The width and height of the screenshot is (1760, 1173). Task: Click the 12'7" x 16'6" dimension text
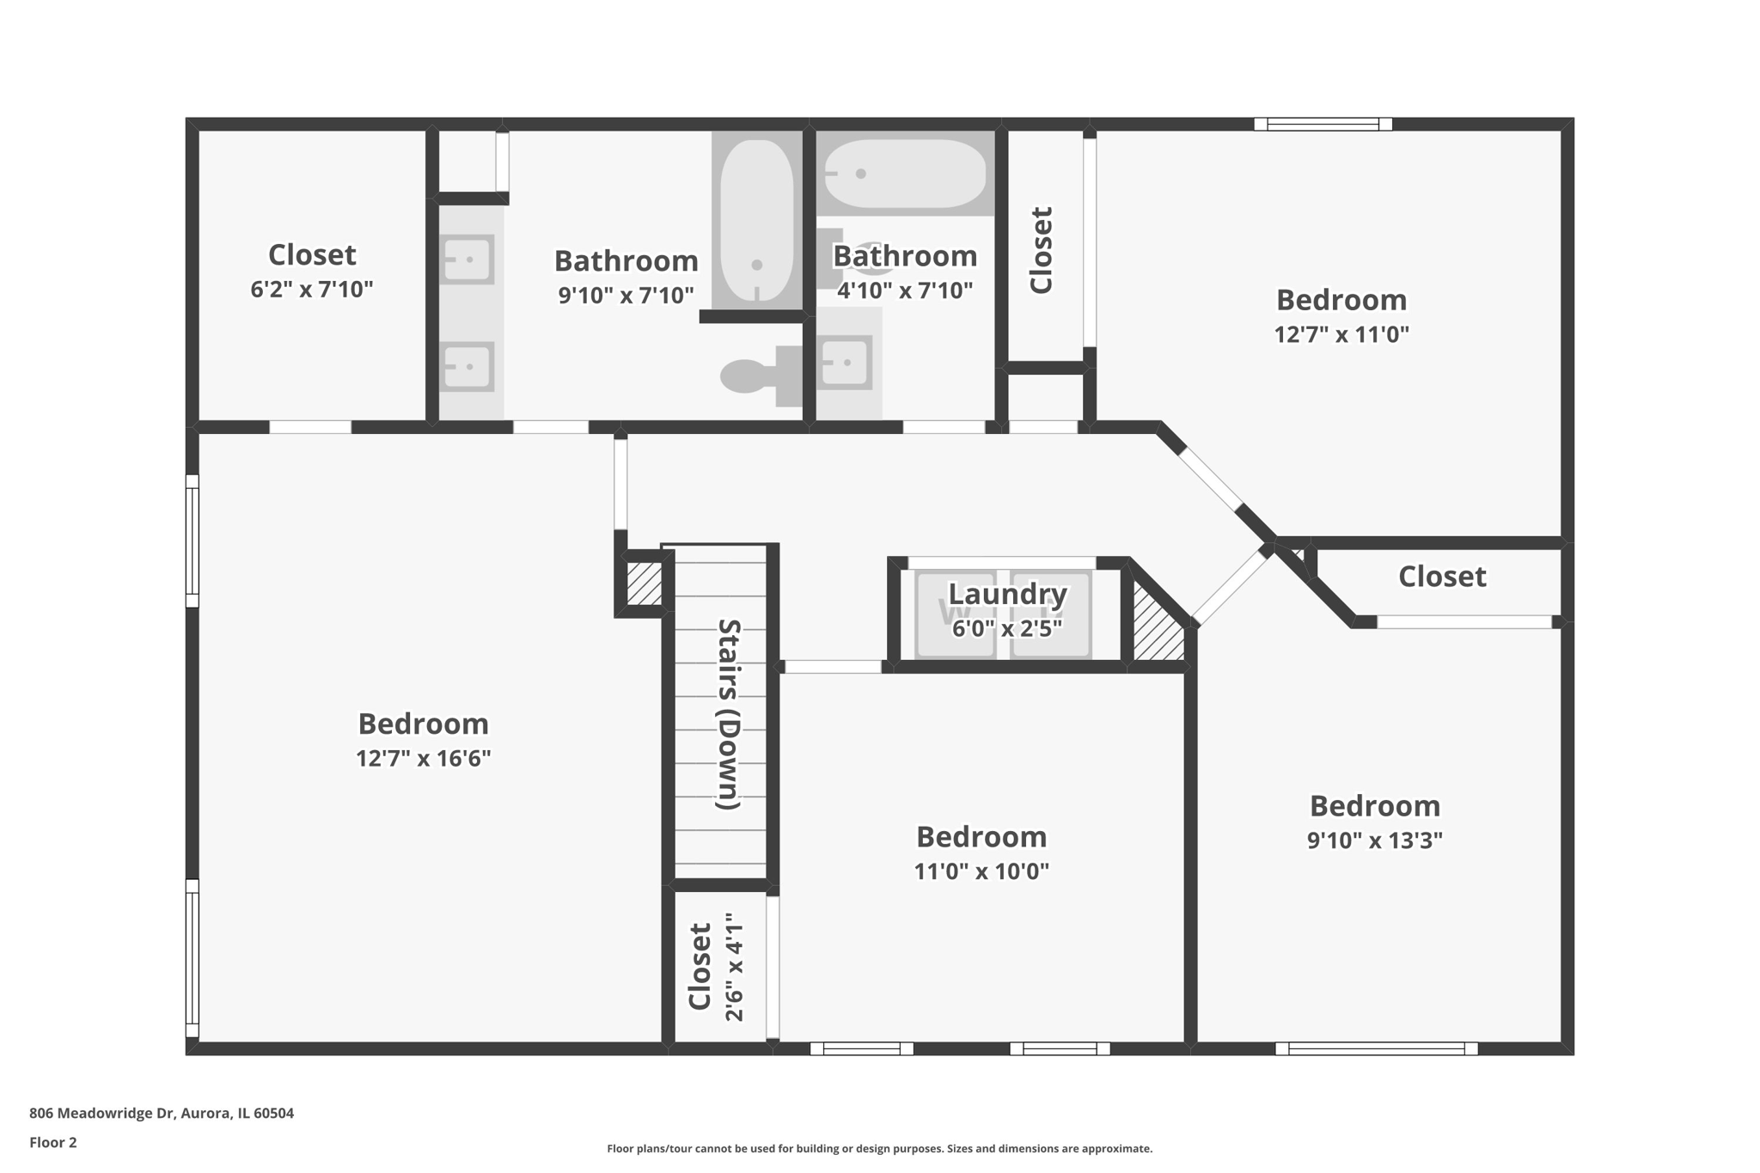[x=423, y=758]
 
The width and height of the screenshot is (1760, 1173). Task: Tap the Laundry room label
[x=1007, y=594]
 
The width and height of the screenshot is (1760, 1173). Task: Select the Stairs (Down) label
[x=728, y=713]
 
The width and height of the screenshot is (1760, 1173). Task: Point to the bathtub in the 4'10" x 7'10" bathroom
[x=904, y=174]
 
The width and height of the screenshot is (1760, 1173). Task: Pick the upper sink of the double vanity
[x=467, y=259]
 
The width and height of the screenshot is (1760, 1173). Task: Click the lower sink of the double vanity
[x=467, y=367]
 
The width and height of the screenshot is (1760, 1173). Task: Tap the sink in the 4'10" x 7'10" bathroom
[x=846, y=362]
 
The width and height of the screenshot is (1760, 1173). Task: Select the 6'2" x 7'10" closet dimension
[x=311, y=290]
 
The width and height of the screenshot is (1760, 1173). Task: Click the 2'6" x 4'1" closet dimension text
[x=733, y=967]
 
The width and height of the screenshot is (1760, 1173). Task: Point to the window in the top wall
[x=1323, y=125]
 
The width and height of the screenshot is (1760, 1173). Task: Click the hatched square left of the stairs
[x=644, y=583]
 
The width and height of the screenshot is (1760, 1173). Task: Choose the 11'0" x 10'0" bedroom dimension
[x=981, y=871]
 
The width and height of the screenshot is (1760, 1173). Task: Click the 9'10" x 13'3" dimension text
[x=1374, y=840]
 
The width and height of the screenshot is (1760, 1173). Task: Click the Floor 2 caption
[x=53, y=1142]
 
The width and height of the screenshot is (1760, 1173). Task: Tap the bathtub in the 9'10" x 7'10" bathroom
[x=756, y=221]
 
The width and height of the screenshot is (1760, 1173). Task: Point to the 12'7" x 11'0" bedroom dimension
[x=1341, y=334]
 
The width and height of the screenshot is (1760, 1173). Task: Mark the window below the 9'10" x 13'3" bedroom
[x=1376, y=1048]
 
